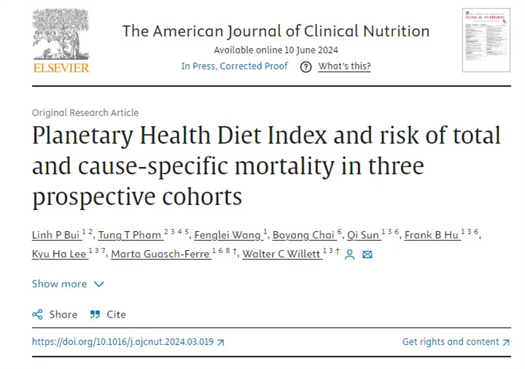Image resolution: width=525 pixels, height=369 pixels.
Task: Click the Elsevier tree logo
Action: [61, 36]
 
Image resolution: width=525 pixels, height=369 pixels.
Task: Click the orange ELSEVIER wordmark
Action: [61, 68]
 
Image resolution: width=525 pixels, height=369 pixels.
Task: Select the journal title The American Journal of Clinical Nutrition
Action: [276, 31]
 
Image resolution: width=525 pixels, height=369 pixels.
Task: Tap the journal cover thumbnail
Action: [486, 40]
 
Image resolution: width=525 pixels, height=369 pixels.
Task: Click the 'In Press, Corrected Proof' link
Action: [234, 66]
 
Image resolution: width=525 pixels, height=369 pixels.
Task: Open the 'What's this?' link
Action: [344, 66]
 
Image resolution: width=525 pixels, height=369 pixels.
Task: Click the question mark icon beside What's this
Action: [306, 66]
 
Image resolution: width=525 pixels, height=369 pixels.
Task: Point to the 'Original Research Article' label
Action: [85, 112]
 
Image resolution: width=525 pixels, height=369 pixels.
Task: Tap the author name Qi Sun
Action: [362, 235]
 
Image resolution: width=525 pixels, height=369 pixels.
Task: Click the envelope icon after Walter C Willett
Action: [367, 255]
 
